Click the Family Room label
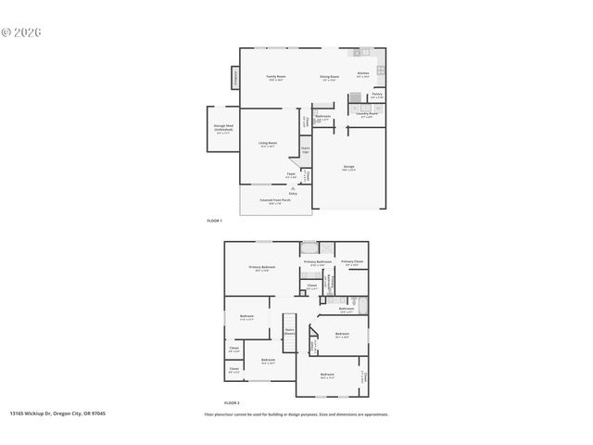275,78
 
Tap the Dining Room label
329,78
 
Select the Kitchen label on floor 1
363,74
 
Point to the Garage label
348,168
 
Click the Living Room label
268,145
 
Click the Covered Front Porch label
273,201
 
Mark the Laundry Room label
366,115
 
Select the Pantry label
377,95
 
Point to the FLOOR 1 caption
216,222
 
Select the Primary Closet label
351,263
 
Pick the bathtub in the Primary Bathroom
309,248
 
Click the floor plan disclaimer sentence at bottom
296,413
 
